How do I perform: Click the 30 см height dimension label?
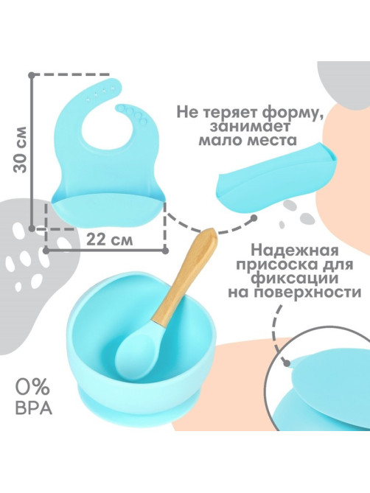20,150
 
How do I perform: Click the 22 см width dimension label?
109,240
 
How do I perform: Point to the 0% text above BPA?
32,388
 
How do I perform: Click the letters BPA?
33,408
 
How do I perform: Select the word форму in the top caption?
280,113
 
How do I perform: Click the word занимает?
251,127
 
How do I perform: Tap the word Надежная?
296,251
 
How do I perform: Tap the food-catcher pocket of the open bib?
108,211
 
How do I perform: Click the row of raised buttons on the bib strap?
133,113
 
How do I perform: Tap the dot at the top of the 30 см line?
32,75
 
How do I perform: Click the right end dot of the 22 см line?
166,251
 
